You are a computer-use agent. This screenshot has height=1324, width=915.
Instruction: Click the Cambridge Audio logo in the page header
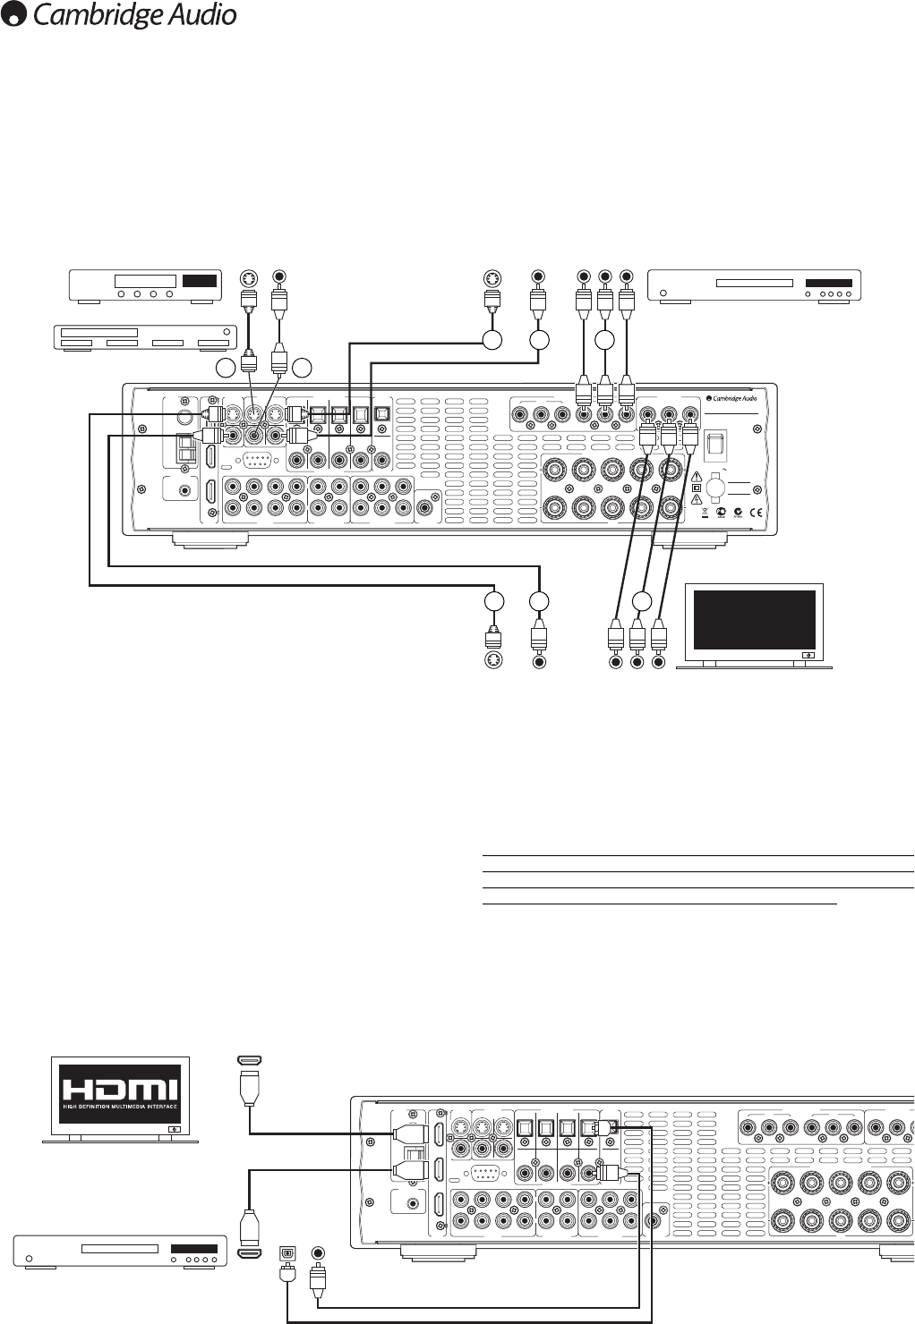pyautogui.click(x=120, y=15)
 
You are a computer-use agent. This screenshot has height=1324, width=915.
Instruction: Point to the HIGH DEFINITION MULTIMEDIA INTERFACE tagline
pyautogui.click(x=119, y=1113)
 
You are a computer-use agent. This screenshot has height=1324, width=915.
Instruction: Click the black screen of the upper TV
pyautogui.click(x=754, y=618)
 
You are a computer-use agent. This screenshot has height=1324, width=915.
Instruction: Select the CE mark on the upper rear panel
pyautogui.click(x=752, y=513)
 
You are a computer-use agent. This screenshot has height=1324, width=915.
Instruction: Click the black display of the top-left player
pyautogui.click(x=199, y=280)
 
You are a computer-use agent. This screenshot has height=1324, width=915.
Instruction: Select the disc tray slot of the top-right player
pyautogui.click(x=754, y=284)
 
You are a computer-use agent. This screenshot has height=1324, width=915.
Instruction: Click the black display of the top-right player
pyautogui.click(x=828, y=284)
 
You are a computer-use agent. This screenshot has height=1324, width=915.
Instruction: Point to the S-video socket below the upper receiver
pyautogui.click(x=492, y=661)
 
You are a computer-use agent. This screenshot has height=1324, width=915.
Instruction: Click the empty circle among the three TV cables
pyautogui.click(x=640, y=600)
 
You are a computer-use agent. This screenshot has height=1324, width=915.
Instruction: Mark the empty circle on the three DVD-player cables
pyautogui.click(x=604, y=340)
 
